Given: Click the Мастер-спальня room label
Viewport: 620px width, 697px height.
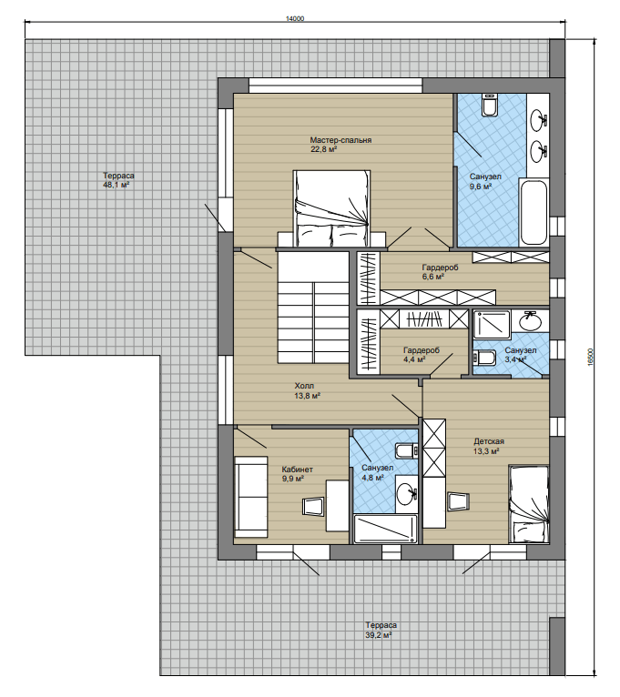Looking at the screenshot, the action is tap(340, 140).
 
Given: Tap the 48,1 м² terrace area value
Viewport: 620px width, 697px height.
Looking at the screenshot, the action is tap(117, 185).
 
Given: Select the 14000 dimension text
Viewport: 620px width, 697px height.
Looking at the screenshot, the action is tap(295, 19).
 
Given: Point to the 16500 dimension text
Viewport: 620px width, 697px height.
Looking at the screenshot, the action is tap(590, 357).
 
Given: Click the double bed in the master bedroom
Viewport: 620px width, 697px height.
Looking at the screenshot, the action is tap(331, 207).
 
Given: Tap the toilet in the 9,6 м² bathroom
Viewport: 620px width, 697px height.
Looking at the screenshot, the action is tap(489, 105).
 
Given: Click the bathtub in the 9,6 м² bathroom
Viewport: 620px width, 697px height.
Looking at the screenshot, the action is tap(534, 212).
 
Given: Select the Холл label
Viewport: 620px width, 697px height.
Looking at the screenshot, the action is tap(304, 386).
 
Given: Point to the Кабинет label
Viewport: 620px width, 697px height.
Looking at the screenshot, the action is tap(298, 470).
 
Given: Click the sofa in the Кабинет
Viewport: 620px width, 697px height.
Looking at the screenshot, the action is tap(251, 497).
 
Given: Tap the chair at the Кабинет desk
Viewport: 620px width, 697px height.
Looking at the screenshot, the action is tap(313, 506).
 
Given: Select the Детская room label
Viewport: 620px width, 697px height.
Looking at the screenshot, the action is tap(489, 441).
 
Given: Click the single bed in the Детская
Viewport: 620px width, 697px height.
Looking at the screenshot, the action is tap(528, 504).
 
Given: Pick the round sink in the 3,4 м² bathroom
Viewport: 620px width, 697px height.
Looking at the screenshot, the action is tap(529, 321).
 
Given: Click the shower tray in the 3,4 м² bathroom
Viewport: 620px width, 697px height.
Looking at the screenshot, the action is tap(492, 325).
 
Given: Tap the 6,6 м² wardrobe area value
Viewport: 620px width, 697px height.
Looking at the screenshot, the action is tap(433, 277).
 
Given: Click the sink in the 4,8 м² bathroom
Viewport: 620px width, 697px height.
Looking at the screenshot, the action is tap(407, 493).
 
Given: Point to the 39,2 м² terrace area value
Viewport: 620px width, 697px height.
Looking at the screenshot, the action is tap(378, 635).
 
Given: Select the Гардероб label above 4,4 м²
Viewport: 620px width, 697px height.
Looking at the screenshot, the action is tap(422, 349).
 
